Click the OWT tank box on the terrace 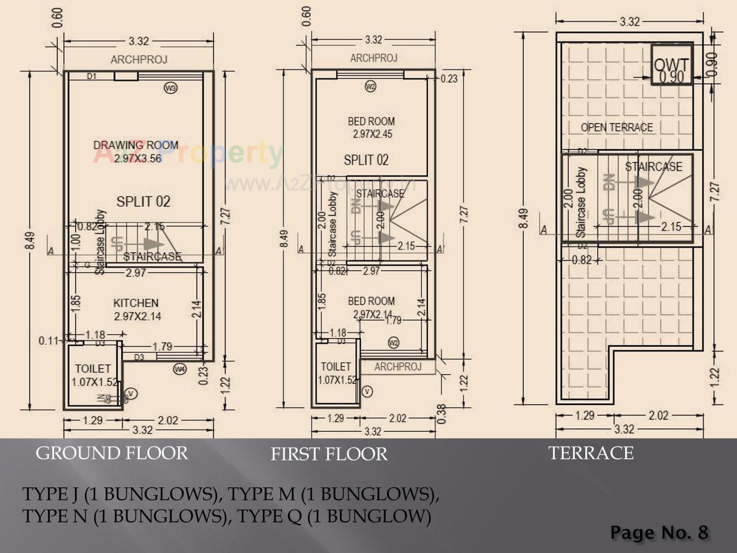[x=671, y=64]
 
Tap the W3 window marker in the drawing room [x=170, y=88]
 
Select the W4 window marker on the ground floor [x=180, y=369]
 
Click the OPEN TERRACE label [x=616, y=127]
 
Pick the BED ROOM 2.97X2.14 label [x=371, y=307]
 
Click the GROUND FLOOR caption [x=112, y=453]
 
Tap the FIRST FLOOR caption [x=329, y=454]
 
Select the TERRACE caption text [x=591, y=453]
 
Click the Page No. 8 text [x=659, y=532]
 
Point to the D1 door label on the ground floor [x=91, y=76]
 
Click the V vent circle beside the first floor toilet [x=367, y=391]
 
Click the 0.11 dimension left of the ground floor [x=48, y=341]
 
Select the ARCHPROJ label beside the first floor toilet [x=398, y=367]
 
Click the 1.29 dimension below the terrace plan [x=585, y=416]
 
